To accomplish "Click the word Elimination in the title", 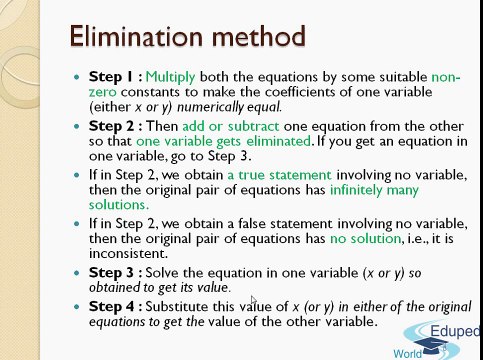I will [134, 37].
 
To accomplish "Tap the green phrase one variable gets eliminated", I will [212, 141].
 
